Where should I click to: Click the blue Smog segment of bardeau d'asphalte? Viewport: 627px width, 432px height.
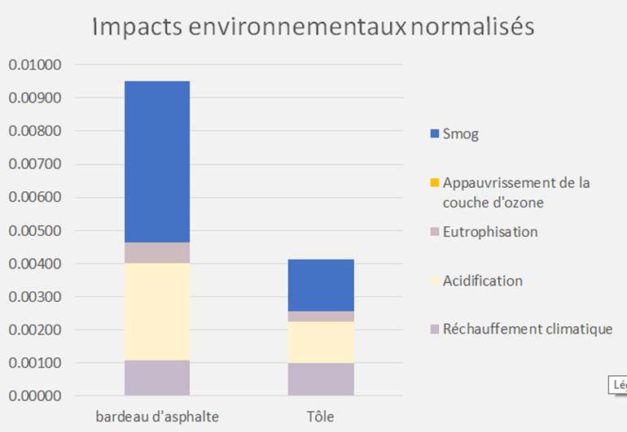[156, 161]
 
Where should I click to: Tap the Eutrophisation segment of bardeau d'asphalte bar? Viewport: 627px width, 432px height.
[156, 252]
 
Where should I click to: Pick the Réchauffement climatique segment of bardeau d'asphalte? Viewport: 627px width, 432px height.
[156, 377]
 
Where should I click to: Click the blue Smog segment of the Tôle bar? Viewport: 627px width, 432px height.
[321, 285]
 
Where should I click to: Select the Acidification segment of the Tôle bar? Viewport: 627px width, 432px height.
[321, 342]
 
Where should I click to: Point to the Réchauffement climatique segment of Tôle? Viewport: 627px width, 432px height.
[321, 379]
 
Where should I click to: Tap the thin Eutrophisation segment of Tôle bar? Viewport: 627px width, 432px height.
[321, 316]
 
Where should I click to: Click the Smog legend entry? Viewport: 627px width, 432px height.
[461, 134]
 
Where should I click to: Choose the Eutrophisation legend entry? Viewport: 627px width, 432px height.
[490, 232]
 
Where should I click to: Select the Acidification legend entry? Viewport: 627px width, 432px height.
[482, 281]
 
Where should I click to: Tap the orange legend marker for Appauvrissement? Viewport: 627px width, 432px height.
[434, 182]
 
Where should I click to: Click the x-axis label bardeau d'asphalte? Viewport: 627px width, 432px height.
[156, 417]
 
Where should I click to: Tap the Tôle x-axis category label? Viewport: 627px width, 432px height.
[321, 417]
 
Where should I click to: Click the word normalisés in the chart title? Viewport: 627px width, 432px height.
[472, 27]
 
